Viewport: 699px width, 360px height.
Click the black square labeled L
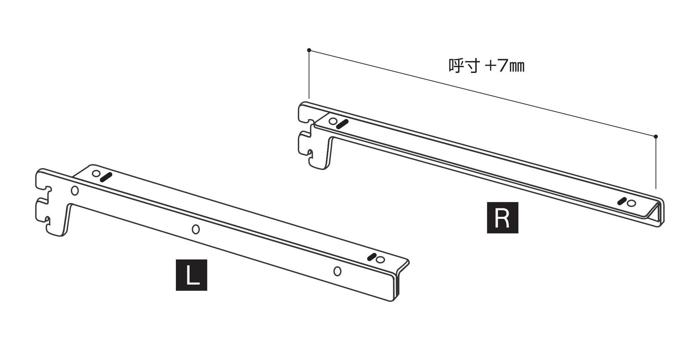pyautogui.click(x=191, y=275)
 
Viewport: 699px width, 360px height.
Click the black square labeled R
pyautogui.click(x=502, y=218)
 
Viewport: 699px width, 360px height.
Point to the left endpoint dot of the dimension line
pyautogui.click(x=309, y=50)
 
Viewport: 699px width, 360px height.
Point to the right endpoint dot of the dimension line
pyautogui.click(x=656, y=136)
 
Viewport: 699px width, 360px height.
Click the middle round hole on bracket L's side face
pyautogui.click(x=196, y=229)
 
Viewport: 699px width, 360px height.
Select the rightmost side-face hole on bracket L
pyautogui.click(x=337, y=271)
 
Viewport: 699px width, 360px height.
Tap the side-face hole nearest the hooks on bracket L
pyautogui.click(x=75, y=191)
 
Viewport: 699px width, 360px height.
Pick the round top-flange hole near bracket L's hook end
pyautogui.click(x=96, y=174)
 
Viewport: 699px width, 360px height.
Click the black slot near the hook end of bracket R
pyautogui.click(x=343, y=124)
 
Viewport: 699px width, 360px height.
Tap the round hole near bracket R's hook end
pyautogui.click(x=333, y=121)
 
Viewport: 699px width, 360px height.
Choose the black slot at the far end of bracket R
pyautogui.click(x=622, y=201)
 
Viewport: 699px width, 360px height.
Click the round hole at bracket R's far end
pyautogui.click(x=631, y=203)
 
